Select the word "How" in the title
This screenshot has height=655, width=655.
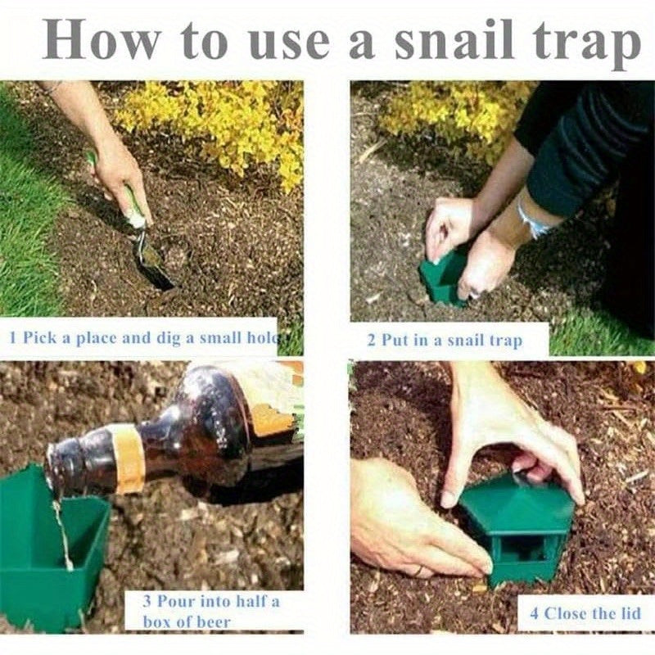(x=102, y=41)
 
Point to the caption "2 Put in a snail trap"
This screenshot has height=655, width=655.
(x=445, y=339)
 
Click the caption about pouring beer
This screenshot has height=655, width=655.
(x=211, y=611)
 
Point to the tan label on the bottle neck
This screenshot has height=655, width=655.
(x=128, y=458)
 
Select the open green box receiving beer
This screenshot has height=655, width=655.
(x=49, y=549)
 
